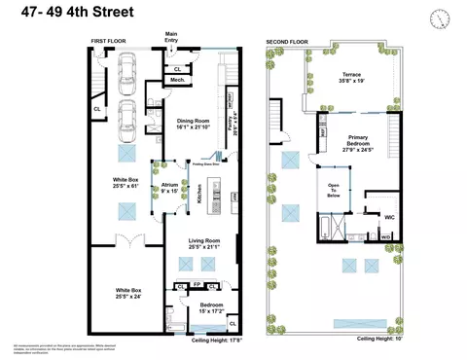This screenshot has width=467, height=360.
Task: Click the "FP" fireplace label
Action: (197, 285)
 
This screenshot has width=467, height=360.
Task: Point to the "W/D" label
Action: (386, 236)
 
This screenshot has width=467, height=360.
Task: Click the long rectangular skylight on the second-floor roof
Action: (352, 322)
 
